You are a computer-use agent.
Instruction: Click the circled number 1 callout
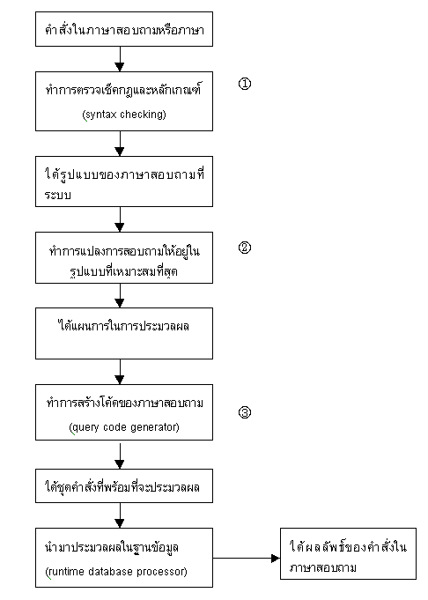(245, 84)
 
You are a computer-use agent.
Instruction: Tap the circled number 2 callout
(245, 248)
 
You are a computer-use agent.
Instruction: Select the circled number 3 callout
(245, 412)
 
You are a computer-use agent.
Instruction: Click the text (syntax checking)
(124, 115)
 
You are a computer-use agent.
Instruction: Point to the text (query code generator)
(124, 427)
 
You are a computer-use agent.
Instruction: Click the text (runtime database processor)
(116, 572)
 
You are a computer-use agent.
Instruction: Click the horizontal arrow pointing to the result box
(247, 559)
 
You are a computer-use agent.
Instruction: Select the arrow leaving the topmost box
(120, 59)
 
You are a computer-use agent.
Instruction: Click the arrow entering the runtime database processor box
(120, 515)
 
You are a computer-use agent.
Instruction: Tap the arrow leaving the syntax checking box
(120, 144)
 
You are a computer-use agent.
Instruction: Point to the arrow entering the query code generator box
(120, 372)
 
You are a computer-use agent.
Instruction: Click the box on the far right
(348, 553)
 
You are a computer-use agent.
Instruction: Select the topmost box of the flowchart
(124, 29)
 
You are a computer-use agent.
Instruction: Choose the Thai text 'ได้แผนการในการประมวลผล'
(123, 326)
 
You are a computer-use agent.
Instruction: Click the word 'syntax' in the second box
(100, 115)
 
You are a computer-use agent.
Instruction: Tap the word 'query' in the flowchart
(84, 427)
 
